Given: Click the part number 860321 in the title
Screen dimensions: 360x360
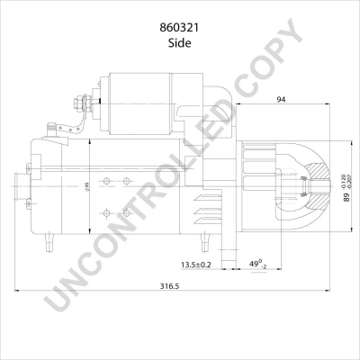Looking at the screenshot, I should point(179,26).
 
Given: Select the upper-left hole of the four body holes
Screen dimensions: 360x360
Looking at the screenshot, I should point(107,182).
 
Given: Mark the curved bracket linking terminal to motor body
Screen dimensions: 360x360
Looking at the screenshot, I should point(65,127).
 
